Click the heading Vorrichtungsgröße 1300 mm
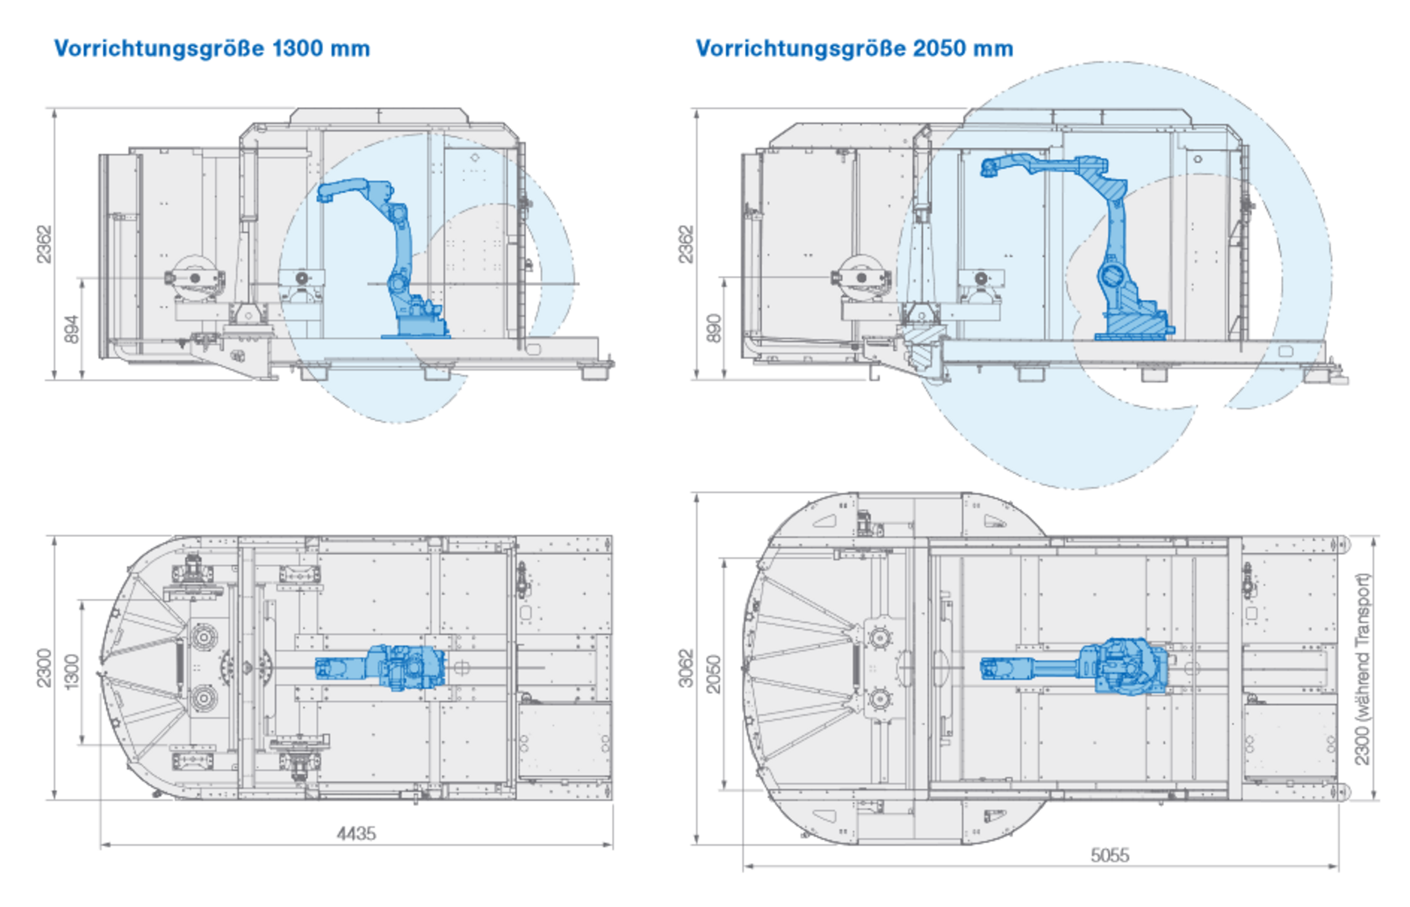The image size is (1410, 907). point(211,49)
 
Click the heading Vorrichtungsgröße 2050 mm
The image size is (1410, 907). point(854,49)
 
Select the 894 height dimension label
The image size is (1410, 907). point(73,328)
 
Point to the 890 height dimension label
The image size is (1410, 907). point(714,328)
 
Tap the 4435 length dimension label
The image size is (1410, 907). point(356,833)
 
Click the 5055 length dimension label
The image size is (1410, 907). point(1110,855)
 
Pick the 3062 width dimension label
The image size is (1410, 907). point(687,668)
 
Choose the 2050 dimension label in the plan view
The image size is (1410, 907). point(714,674)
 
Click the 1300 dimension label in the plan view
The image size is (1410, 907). point(72,671)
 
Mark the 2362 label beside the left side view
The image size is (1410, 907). point(44,243)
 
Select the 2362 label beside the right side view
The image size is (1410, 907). point(687,243)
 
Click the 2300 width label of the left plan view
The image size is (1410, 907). point(44,668)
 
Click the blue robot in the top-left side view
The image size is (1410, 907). point(399,260)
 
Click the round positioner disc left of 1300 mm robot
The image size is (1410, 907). point(195,278)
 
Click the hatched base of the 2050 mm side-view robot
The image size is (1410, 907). point(1133,323)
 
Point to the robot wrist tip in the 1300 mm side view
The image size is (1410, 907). point(324,196)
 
